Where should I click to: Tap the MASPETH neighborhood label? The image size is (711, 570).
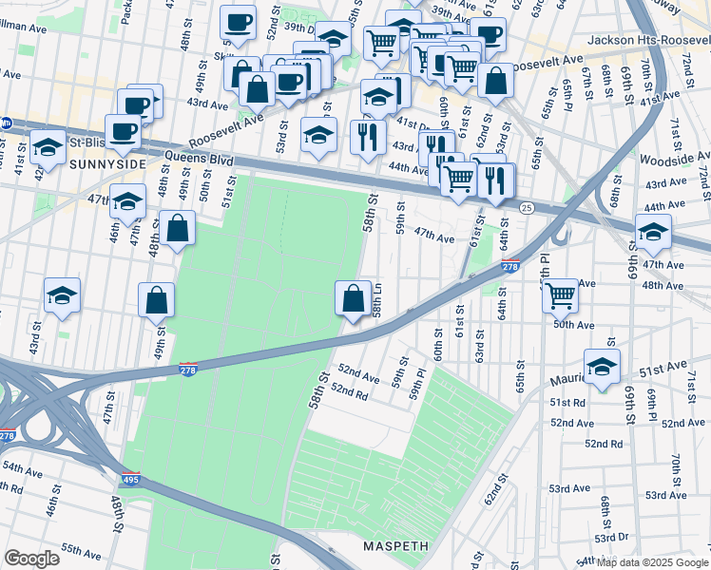point(395,546)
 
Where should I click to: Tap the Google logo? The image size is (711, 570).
point(31,559)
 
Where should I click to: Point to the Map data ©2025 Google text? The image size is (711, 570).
point(652,562)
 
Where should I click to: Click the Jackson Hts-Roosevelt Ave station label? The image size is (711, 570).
point(648,40)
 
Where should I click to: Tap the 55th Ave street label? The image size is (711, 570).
point(82,549)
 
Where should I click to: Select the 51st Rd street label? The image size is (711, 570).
point(567,402)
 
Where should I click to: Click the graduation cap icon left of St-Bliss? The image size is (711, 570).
point(47,147)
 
